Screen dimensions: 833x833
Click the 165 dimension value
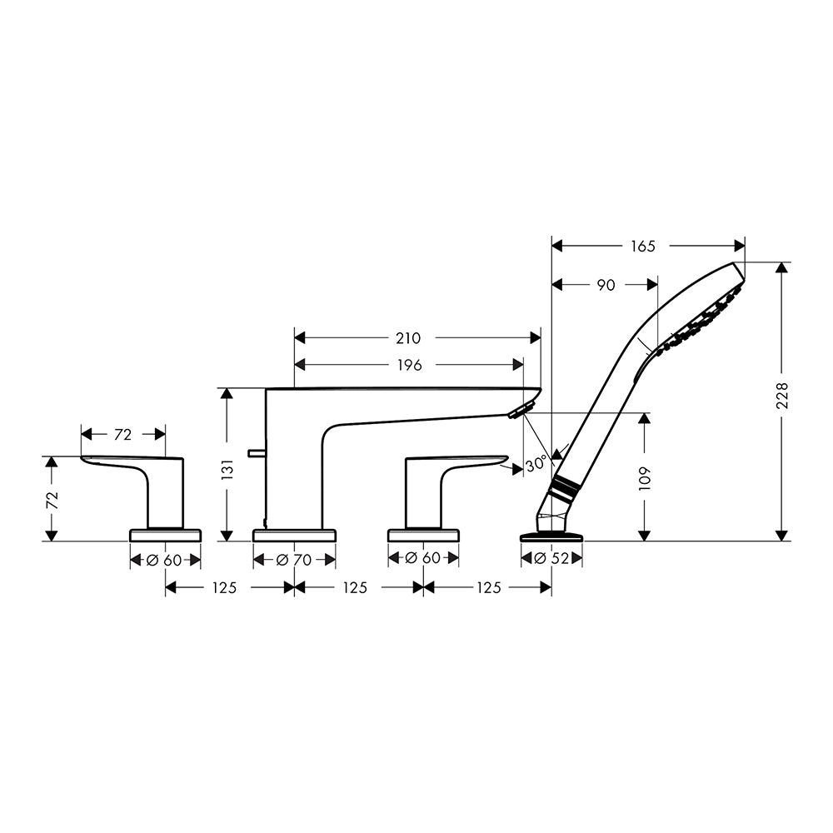click(x=643, y=246)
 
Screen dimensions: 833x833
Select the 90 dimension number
click(x=606, y=285)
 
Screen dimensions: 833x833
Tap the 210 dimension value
click(x=408, y=338)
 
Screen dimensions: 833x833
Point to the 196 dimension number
click(x=409, y=365)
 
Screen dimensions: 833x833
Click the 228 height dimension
click(x=782, y=395)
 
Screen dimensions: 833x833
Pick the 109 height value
click(x=645, y=478)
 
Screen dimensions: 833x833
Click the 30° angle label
click(x=536, y=464)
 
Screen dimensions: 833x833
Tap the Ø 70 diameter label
click(x=294, y=560)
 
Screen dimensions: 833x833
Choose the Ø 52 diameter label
click(x=551, y=558)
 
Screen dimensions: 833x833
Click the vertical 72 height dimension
click(x=52, y=501)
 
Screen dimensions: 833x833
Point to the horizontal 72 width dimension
click(x=122, y=435)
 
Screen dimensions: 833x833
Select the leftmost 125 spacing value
click(x=224, y=587)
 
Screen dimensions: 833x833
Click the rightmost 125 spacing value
click(x=488, y=587)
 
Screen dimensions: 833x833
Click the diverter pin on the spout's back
click(x=257, y=452)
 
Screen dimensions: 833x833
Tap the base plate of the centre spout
click(x=294, y=535)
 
